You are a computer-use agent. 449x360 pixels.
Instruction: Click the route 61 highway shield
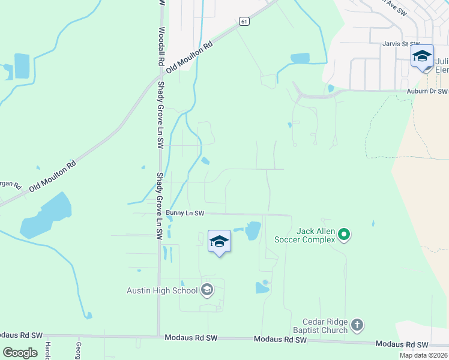pyautogui.click(x=243, y=22)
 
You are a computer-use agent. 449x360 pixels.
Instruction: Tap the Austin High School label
pyautogui.click(x=162, y=291)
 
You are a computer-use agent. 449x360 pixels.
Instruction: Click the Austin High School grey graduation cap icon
pyautogui.click(x=207, y=290)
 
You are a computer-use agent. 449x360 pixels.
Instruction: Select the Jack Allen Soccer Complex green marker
pyautogui.click(x=343, y=235)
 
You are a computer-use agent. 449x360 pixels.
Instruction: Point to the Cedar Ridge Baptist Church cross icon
pyautogui.click(x=357, y=325)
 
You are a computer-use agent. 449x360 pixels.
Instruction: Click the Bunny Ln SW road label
pyautogui.click(x=185, y=213)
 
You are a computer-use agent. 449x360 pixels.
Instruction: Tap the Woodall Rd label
pyautogui.click(x=161, y=46)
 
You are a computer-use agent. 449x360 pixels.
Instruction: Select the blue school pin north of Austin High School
pyautogui.click(x=219, y=242)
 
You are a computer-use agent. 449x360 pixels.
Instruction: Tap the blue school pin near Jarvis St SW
pyautogui.click(x=422, y=57)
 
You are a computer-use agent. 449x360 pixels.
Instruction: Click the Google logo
pyautogui.click(x=20, y=353)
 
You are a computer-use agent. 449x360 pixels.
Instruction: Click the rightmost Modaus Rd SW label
pyautogui.click(x=402, y=344)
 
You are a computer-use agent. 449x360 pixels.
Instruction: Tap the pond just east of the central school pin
pyautogui.click(x=252, y=230)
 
